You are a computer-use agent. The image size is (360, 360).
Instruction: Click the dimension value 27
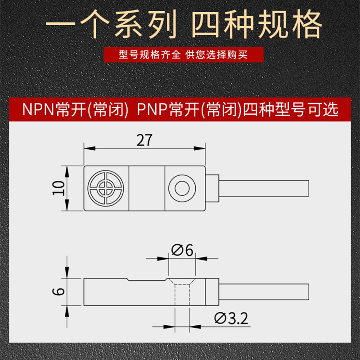(144, 140)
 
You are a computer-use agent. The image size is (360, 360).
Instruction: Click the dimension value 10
(59, 188)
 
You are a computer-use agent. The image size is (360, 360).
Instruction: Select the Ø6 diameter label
(182, 250)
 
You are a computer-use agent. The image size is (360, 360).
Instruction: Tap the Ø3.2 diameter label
(231, 319)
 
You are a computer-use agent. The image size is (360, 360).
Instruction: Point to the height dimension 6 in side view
(59, 291)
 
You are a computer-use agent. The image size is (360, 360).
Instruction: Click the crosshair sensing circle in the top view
(106, 188)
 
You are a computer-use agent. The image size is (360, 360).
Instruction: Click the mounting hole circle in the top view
(182, 188)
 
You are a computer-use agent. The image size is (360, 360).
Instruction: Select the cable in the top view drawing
(264, 188)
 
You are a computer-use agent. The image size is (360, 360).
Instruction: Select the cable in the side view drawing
(264, 292)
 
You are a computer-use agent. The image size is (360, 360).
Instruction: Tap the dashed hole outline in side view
(182, 295)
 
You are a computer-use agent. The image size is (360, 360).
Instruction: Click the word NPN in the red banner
(38, 109)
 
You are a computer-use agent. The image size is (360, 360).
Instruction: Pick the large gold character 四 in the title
(206, 24)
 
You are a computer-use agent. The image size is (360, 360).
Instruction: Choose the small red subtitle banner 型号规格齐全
(184, 54)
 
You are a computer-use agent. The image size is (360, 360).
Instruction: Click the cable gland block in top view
(212, 188)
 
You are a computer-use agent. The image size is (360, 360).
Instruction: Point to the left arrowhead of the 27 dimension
(90, 148)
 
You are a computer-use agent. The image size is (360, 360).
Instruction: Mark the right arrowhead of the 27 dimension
(199, 148)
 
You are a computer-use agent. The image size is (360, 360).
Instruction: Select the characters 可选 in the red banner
(323, 109)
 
